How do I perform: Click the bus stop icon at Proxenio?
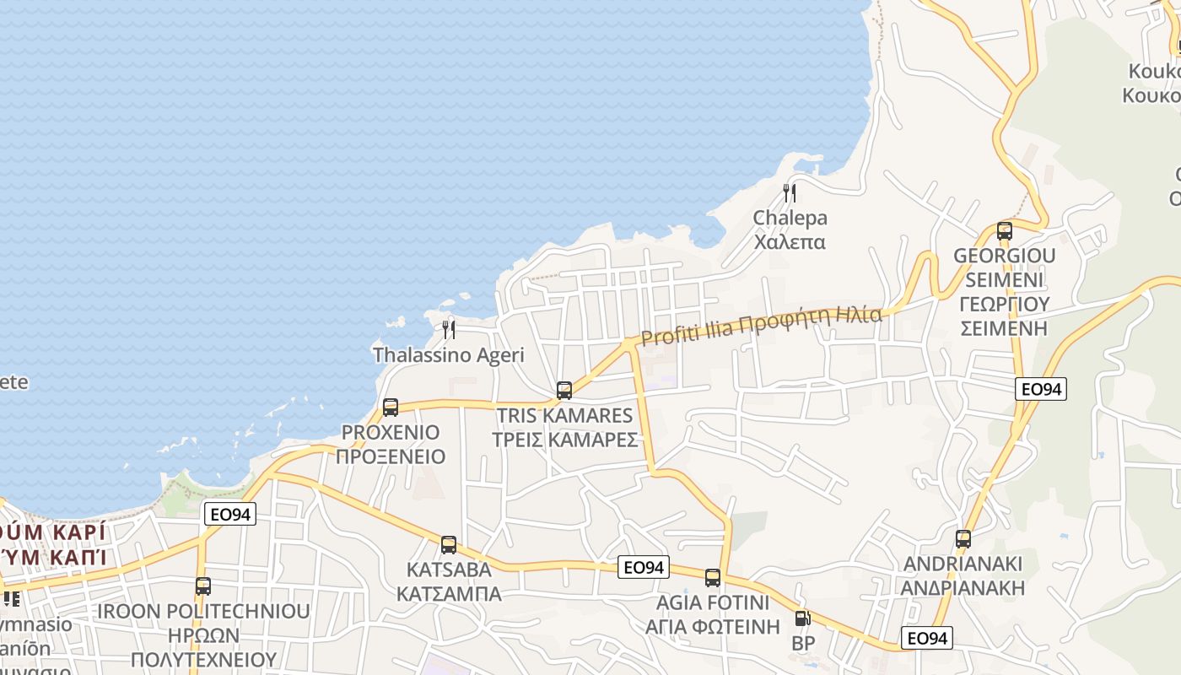click(x=391, y=408)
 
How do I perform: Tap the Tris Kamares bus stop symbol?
click(x=564, y=391)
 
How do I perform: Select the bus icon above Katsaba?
click(x=449, y=545)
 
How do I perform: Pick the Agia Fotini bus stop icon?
click(x=713, y=578)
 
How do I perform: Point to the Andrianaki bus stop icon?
click(x=963, y=539)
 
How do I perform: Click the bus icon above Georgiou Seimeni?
click(x=1005, y=231)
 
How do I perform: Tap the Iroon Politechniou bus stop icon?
click(x=203, y=586)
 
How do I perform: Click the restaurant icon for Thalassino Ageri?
click(x=449, y=329)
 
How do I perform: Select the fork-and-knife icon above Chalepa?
click(x=790, y=192)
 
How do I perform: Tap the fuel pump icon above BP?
click(x=802, y=618)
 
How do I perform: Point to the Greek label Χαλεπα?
click(x=790, y=243)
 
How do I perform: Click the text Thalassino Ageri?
click(x=449, y=355)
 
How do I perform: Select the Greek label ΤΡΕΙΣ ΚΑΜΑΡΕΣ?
click(x=564, y=440)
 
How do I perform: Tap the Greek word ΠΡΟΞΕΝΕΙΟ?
click(x=391, y=457)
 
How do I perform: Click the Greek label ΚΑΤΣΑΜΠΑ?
click(x=449, y=594)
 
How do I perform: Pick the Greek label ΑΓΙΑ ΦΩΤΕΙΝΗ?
click(x=713, y=627)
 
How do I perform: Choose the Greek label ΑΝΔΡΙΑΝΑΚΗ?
click(x=963, y=588)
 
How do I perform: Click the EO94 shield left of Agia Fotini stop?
click(x=644, y=567)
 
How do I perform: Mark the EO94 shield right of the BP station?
click(x=926, y=638)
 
